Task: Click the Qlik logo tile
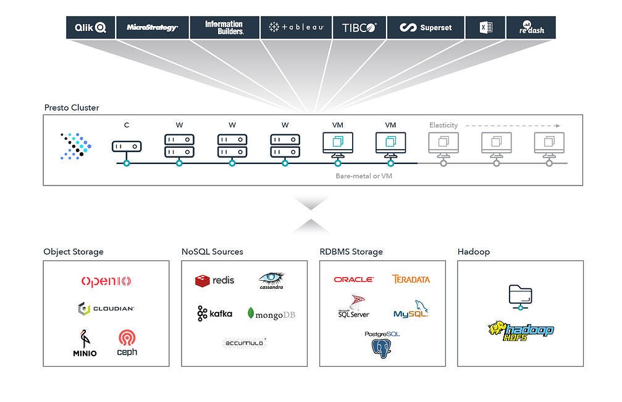[91, 28]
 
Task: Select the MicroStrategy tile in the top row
[152, 28]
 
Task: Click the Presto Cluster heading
[72, 108]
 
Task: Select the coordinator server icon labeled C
[127, 147]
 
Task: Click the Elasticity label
[443, 126]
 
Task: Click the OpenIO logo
[106, 281]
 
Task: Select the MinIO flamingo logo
[85, 343]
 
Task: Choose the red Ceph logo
[127, 343]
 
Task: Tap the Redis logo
[215, 280]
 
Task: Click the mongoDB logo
[271, 314]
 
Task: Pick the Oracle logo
[354, 280]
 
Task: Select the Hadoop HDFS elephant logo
[520, 330]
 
